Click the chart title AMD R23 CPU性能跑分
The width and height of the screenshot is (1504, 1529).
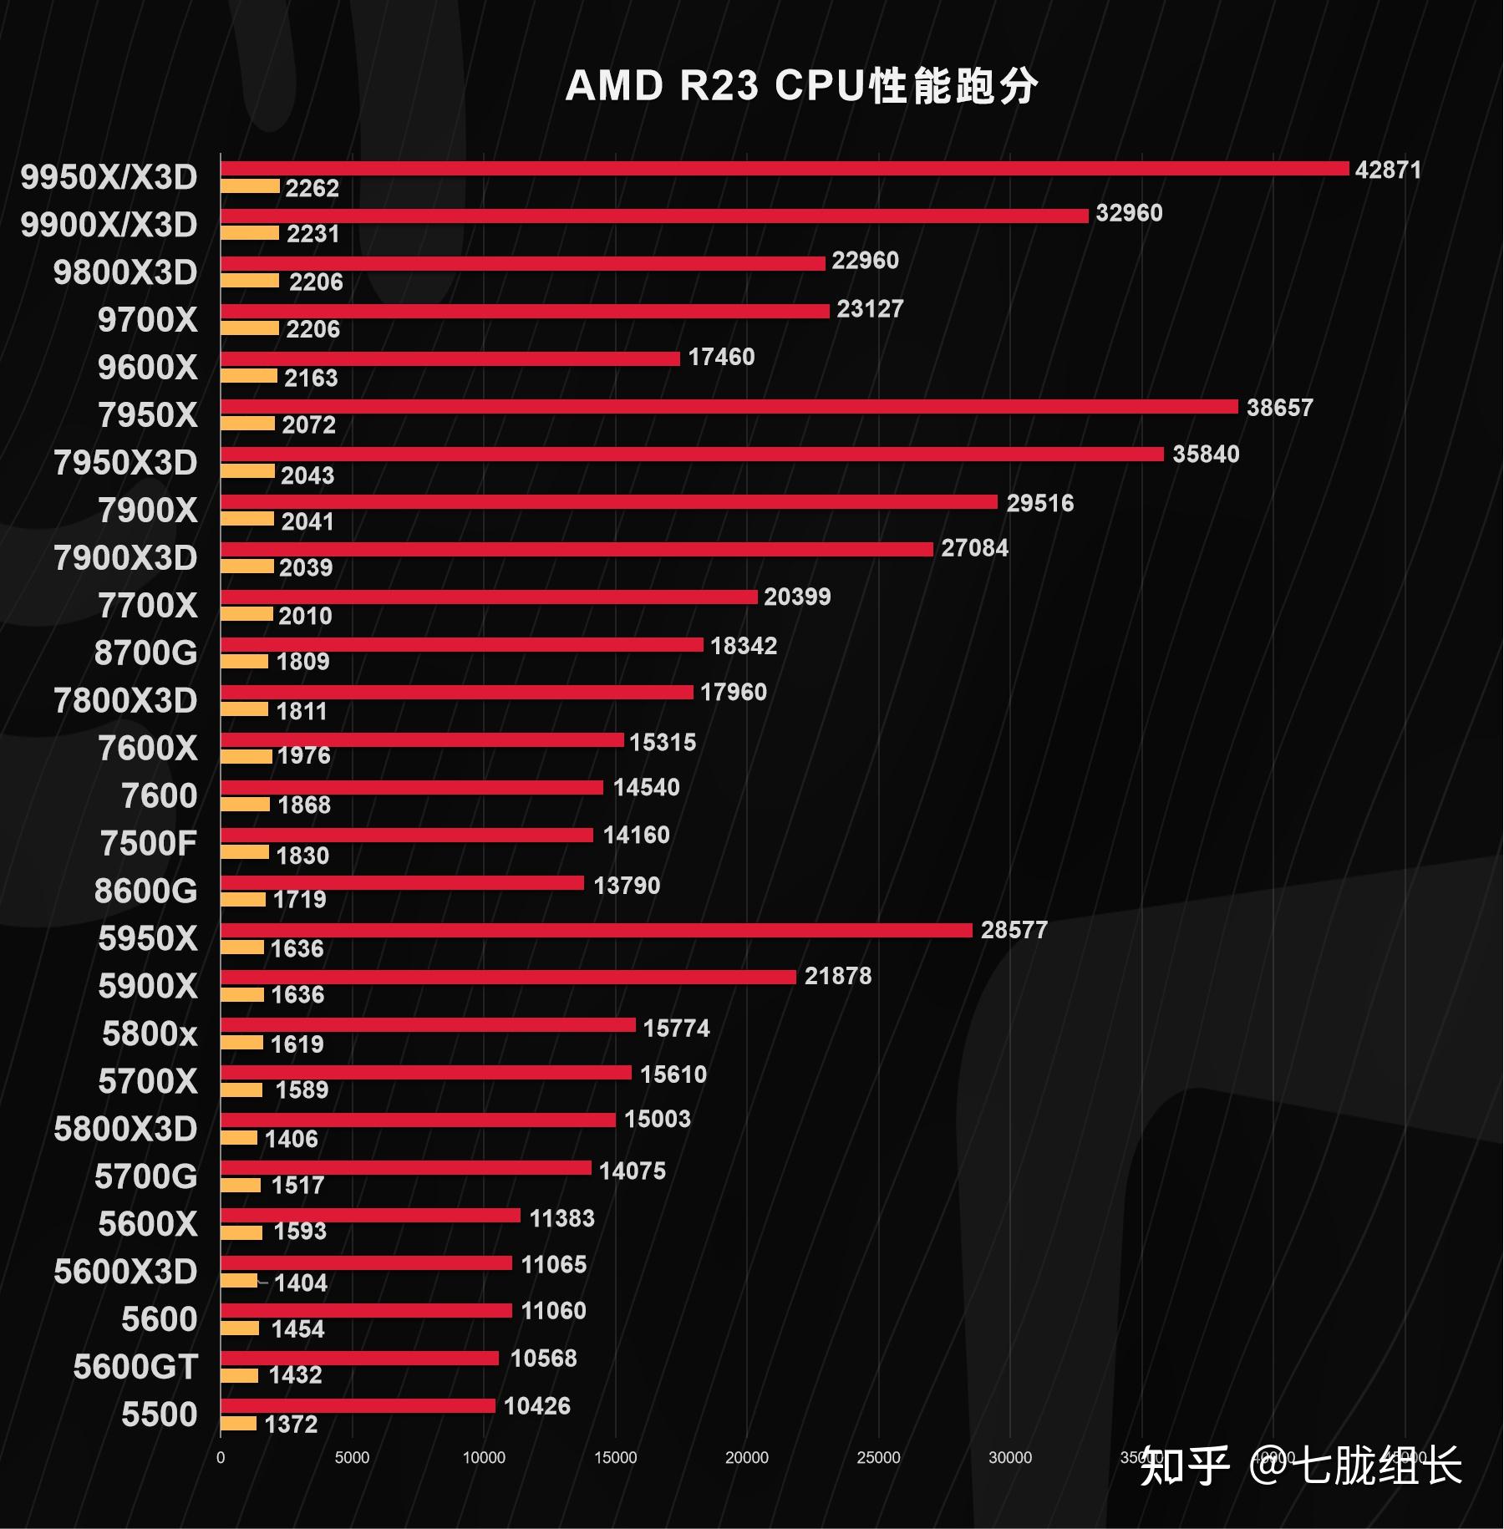click(x=801, y=86)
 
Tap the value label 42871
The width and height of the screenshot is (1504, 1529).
click(x=1387, y=170)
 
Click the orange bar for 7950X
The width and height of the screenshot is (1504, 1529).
click(x=247, y=424)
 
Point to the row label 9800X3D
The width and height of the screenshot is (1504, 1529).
click(x=125, y=272)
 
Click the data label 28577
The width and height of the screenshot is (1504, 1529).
click(x=1014, y=931)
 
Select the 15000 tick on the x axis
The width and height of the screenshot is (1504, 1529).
click(x=615, y=1458)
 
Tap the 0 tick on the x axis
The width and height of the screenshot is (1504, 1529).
click(x=221, y=1458)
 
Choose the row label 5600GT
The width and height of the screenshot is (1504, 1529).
click(x=135, y=1368)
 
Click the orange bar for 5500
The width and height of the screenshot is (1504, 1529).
click(x=238, y=1424)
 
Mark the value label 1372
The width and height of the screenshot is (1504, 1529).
click(x=291, y=1425)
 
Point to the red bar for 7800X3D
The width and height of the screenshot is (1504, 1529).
click(x=456, y=693)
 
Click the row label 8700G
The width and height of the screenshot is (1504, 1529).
click(x=145, y=653)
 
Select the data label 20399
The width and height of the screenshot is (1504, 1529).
click(x=797, y=597)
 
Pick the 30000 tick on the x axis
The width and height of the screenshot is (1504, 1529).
click(x=1009, y=1458)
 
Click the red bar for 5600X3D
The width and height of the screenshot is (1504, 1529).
click(x=366, y=1263)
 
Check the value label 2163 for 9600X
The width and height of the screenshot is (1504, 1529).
click(x=311, y=378)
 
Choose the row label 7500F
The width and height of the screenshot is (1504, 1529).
click(x=148, y=844)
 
